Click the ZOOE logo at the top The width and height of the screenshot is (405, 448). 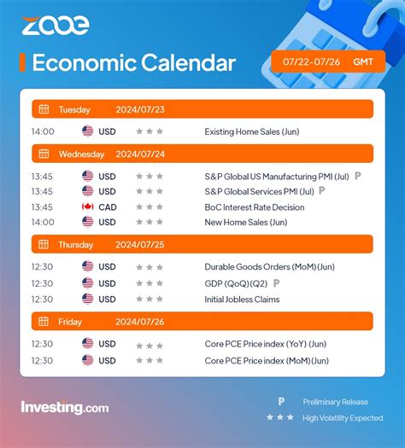56,26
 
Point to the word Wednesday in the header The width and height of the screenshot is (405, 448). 82,154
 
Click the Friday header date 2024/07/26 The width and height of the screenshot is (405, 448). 138,322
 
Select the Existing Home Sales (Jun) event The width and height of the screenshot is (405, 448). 250,131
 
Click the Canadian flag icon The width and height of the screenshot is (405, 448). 87,207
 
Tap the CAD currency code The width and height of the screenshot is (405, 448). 107,207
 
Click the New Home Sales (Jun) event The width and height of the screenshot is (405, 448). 246,222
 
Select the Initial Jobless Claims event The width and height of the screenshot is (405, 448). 242,299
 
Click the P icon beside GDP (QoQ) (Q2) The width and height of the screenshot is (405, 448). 276,282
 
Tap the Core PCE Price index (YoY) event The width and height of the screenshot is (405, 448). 266,345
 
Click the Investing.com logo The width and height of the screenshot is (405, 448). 64,408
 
